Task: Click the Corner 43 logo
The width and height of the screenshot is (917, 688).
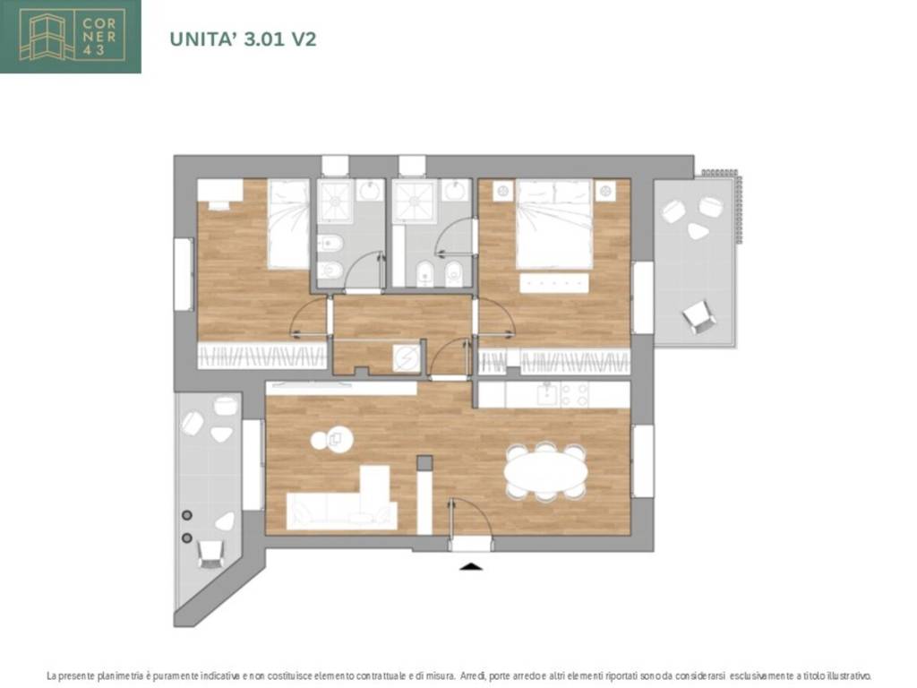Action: click(x=70, y=36)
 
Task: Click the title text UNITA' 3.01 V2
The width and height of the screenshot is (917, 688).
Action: click(x=243, y=39)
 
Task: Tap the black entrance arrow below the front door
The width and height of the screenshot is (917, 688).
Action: click(x=471, y=566)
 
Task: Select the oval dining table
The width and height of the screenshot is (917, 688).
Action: click(x=545, y=472)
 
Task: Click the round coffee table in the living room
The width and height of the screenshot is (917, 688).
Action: click(x=331, y=439)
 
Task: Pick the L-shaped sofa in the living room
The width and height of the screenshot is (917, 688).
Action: click(x=342, y=498)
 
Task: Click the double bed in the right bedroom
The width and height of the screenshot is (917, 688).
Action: click(x=553, y=224)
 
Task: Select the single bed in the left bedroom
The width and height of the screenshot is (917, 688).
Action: click(x=288, y=224)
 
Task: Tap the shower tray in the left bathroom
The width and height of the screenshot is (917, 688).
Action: click(x=335, y=202)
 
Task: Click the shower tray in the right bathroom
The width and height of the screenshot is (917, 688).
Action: click(x=415, y=202)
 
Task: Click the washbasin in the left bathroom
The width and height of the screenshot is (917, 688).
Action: click(x=370, y=191)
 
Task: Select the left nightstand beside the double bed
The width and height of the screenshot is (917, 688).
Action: click(x=503, y=190)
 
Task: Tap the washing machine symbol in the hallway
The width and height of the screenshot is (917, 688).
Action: click(x=406, y=357)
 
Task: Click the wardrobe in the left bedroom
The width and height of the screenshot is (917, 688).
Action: click(x=262, y=355)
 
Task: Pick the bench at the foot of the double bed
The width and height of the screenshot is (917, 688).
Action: click(x=553, y=283)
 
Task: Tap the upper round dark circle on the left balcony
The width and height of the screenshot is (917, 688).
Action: click(x=187, y=515)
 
